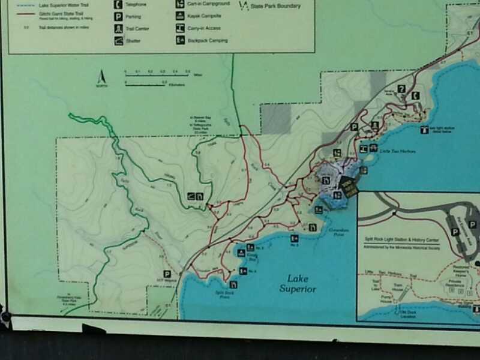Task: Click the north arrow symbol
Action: pyautogui.click(x=101, y=78)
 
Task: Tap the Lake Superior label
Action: pyautogui.click(x=298, y=284)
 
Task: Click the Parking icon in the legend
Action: pyautogui.click(x=118, y=16)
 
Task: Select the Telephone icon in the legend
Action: pyautogui.click(x=118, y=4)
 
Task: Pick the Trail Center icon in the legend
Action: pyautogui.click(x=118, y=28)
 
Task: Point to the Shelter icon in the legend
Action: pyautogui.click(x=118, y=41)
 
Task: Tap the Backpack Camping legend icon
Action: pyautogui.click(x=179, y=40)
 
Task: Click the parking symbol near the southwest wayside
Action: pyautogui.click(x=167, y=273)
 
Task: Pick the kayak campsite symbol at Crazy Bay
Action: pyautogui.click(x=241, y=253)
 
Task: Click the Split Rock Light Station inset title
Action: pyautogui.click(x=408, y=238)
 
